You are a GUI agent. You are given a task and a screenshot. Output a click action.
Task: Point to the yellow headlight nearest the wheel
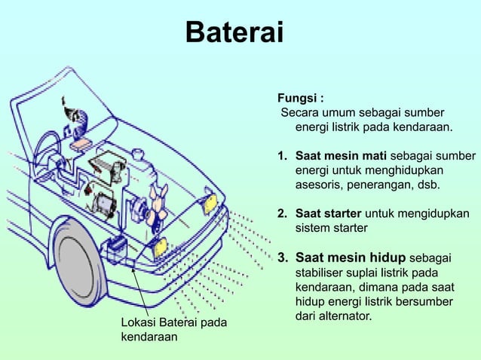point(160,246)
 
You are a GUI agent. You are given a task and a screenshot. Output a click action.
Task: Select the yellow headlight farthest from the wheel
point(210,203)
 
